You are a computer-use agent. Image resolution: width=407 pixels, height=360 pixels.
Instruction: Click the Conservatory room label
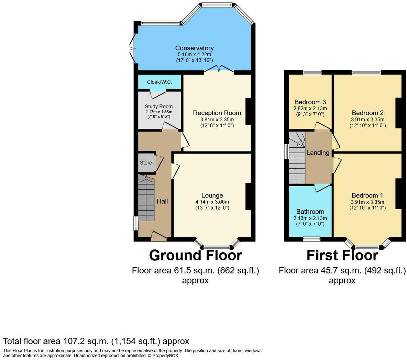[x=194, y=48]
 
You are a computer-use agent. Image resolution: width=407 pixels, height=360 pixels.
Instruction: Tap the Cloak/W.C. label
[x=159, y=82]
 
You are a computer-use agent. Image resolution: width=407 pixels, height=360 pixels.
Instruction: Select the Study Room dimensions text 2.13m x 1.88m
[x=158, y=112]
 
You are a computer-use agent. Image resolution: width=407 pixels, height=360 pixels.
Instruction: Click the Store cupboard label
[x=146, y=163]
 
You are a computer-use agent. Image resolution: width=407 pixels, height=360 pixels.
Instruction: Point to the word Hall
[x=162, y=201]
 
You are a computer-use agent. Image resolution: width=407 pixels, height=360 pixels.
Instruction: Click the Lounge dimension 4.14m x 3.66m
[x=212, y=202]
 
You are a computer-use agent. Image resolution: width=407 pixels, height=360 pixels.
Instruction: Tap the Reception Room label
[x=217, y=113]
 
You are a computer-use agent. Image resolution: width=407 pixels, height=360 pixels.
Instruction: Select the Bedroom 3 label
[x=310, y=102]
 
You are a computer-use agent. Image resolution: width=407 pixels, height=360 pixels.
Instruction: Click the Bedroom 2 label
[x=367, y=113]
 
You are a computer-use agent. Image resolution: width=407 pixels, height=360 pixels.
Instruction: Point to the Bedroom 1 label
[x=367, y=195]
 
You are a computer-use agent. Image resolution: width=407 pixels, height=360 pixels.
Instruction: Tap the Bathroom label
[x=310, y=212]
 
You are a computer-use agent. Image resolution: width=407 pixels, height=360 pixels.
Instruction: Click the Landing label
[x=318, y=153]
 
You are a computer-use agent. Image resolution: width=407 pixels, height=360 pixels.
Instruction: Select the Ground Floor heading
[x=195, y=256]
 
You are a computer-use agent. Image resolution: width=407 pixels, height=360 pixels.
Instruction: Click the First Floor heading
[x=342, y=256]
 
